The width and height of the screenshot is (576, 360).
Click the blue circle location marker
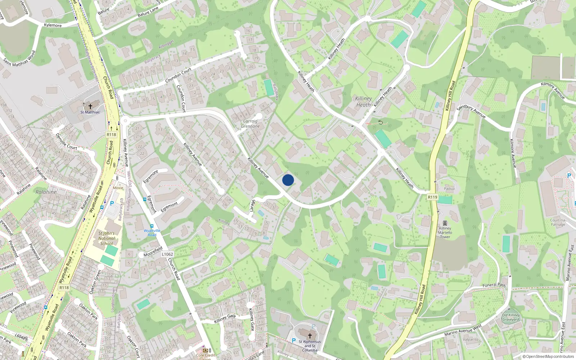[x=288, y=180]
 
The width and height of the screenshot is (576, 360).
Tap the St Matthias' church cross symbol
[x=90, y=106]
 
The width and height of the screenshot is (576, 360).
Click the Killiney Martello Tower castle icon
[x=445, y=223]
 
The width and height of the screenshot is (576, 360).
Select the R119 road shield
[x=432, y=197]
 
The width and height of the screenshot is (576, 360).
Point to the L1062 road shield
[x=167, y=254]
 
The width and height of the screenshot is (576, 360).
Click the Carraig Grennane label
[x=250, y=124]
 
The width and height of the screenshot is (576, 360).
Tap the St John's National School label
[x=107, y=238]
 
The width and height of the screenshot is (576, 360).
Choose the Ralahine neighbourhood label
[x=46, y=192]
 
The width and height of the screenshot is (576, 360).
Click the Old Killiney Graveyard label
[x=511, y=317]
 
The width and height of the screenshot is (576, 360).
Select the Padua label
[x=449, y=189]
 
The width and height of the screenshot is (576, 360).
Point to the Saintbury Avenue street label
[x=471, y=111]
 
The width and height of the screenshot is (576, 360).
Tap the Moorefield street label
[x=153, y=251]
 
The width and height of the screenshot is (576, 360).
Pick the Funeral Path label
[x=494, y=285]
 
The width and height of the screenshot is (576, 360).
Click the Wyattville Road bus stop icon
[x=152, y=226]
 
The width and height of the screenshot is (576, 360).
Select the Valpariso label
[x=471, y=339]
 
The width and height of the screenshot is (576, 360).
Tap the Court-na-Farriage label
[x=558, y=222]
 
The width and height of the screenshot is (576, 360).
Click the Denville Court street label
[x=66, y=141]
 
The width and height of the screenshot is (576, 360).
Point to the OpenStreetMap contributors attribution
[x=548, y=356]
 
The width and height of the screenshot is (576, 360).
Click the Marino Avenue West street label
[x=463, y=330]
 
